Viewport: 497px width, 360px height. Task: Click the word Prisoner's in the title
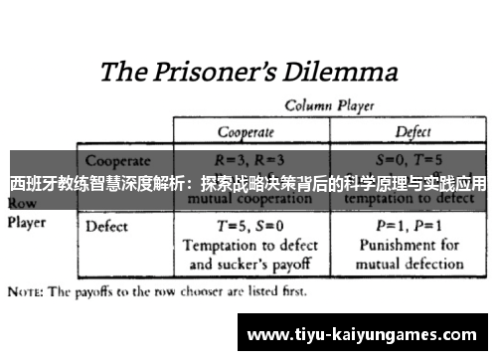(217, 72)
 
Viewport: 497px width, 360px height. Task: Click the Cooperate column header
(249, 130)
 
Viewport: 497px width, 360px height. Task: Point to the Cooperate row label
(117, 159)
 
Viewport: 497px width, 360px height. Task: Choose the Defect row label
(106, 226)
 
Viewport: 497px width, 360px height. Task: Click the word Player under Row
(28, 222)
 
